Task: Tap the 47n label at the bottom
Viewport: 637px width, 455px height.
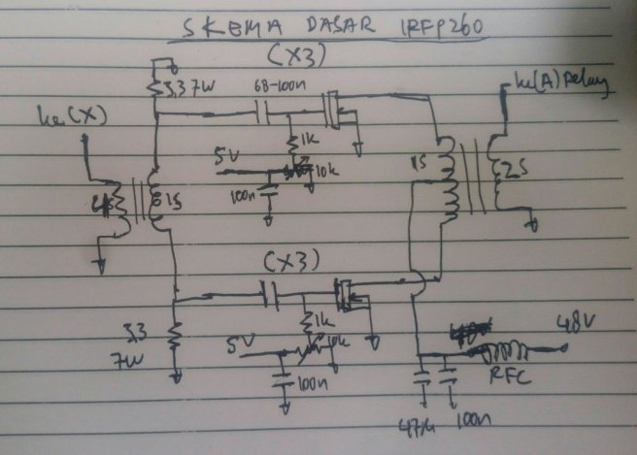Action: click(414, 425)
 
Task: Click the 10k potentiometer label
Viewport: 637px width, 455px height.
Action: click(327, 171)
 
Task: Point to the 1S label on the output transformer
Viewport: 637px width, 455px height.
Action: click(420, 163)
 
